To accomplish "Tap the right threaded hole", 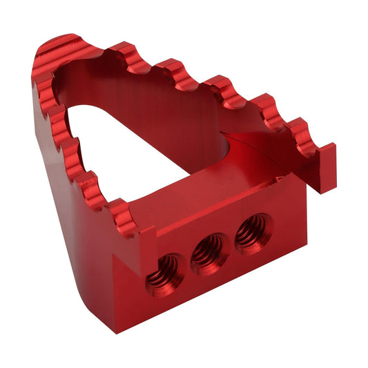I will click(253, 233).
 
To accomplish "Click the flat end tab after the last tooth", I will click(324, 169).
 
